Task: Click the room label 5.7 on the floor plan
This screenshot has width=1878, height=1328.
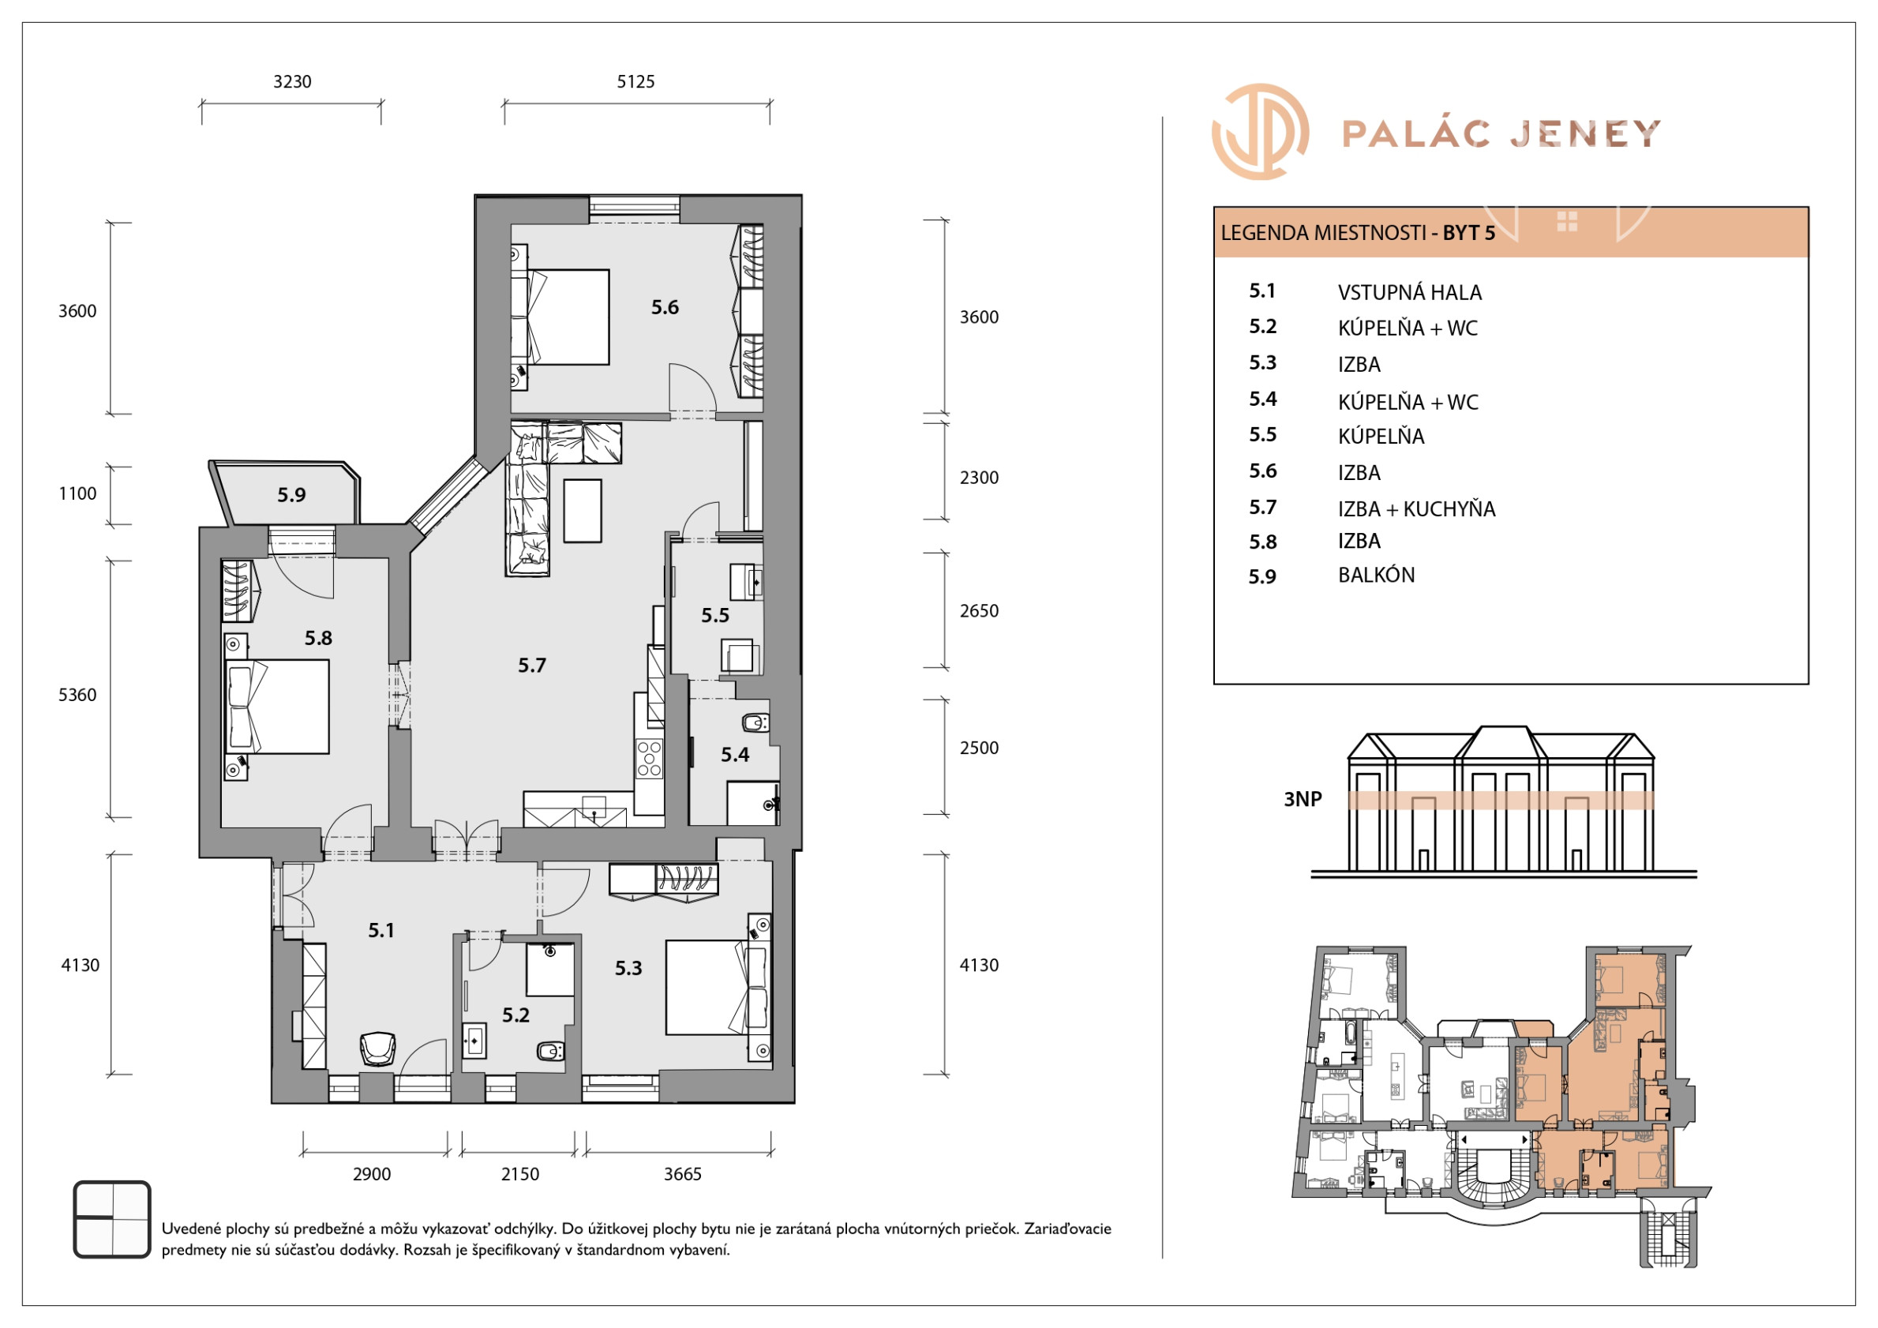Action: pos(531,666)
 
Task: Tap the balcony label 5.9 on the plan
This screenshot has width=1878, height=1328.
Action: pos(291,494)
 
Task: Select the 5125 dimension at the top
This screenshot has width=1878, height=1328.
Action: pos(635,81)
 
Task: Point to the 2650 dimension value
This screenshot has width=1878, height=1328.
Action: pos(979,610)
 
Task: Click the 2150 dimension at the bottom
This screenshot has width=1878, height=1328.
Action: pos(520,1173)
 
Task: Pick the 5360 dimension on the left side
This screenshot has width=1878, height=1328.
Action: pos(77,695)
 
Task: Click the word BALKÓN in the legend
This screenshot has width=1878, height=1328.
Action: pos(1376,575)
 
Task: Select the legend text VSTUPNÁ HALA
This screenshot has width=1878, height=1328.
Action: pos(1409,292)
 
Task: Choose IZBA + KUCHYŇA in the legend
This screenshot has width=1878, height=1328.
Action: pos(1416,508)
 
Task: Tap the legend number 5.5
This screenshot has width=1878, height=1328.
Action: pos(1262,434)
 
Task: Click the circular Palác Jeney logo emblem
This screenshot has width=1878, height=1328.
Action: pos(1260,131)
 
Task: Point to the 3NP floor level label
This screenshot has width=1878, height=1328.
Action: pos(1303,798)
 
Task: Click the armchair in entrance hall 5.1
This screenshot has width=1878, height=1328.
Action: pos(377,1049)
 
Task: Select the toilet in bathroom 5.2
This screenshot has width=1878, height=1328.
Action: pos(549,1051)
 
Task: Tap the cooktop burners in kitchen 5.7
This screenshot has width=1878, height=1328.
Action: pos(650,758)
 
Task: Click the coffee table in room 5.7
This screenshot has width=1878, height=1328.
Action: pos(583,511)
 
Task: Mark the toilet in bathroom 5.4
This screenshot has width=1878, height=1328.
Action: pos(755,722)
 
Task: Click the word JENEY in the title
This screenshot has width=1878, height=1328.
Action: pos(1585,133)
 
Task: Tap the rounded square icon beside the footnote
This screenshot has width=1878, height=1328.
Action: pos(112,1219)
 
